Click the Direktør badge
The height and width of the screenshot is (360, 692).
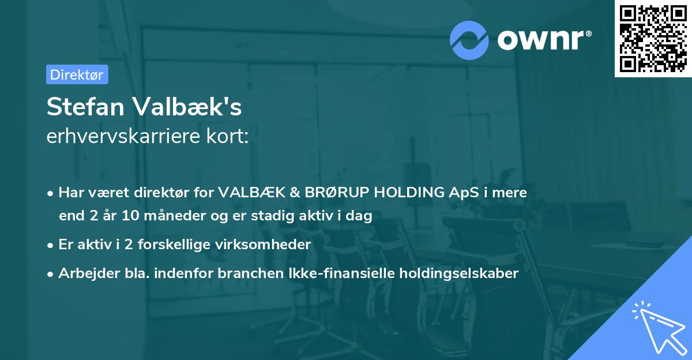[77, 74]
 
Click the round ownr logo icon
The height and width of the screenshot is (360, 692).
[469, 40]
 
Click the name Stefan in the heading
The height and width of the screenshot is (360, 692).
[86, 108]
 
